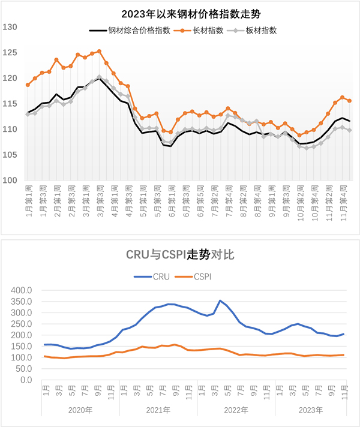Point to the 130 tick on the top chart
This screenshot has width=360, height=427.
click(10, 27)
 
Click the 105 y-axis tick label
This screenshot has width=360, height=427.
click(10, 155)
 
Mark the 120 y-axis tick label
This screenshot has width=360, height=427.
click(10, 78)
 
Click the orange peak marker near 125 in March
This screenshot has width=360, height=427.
click(99, 52)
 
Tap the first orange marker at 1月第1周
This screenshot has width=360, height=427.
click(28, 85)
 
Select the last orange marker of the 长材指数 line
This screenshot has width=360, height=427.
click(349, 101)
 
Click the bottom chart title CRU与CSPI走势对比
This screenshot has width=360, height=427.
click(179, 254)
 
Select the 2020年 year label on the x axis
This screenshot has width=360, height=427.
click(80, 411)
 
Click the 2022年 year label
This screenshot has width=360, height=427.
click(236, 411)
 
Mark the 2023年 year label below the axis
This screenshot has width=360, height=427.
click(311, 411)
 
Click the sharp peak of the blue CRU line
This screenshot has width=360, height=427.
click(220, 300)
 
